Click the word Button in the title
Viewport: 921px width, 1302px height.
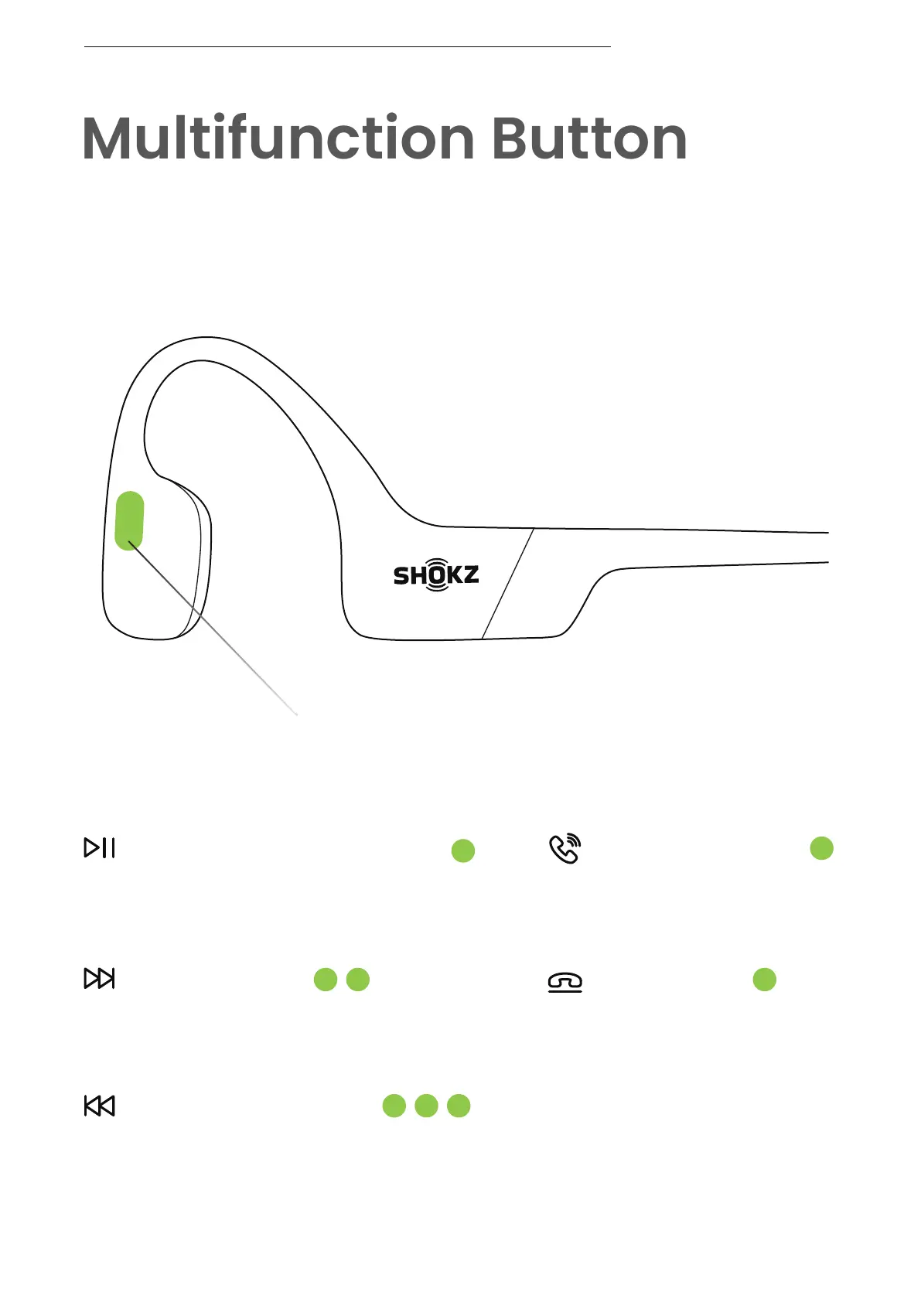[x=589, y=138]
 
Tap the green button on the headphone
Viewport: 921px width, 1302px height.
[x=129, y=521]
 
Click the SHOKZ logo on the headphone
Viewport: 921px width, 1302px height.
[x=436, y=575]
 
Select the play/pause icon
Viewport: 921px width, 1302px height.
[x=100, y=847]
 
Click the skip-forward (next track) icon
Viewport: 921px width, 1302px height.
[x=100, y=978]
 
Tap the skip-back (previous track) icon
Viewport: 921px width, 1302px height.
[x=100, y=1106]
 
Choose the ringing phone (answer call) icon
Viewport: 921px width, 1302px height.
[x=565, y=849]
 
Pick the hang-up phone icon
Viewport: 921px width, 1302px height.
[x=565, y=982]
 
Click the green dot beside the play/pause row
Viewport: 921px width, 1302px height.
[x=463, y=851]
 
